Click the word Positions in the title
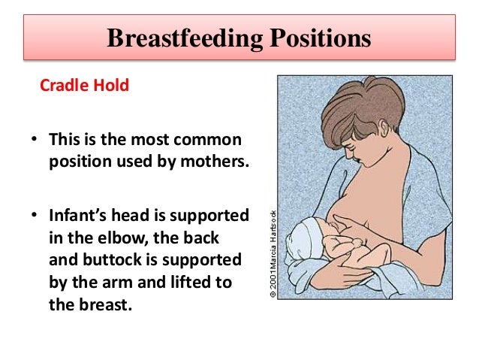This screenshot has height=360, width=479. [316, 38]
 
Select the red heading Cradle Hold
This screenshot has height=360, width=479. [84, 86]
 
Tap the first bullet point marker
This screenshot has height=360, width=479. [34, 141]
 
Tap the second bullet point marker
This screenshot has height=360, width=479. [34, 216]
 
